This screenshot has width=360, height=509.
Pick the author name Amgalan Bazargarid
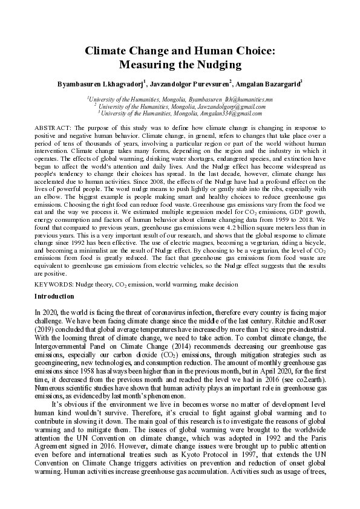[270, 85]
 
